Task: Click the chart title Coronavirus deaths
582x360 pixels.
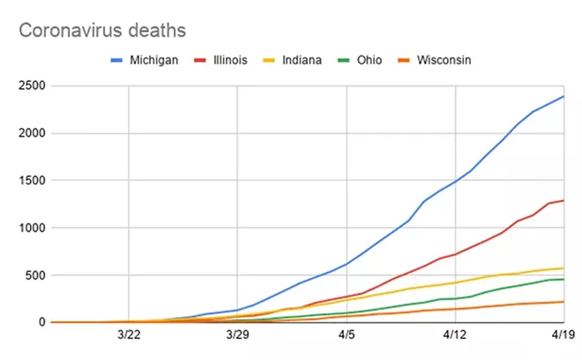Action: [x=102, y=30]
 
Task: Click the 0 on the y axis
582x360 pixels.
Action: [x=39, y=323]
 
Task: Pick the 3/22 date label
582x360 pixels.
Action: [x=129, y=335]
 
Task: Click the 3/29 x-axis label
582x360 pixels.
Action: [x=237, y=335]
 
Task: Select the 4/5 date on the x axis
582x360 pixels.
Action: [x=347, y=335]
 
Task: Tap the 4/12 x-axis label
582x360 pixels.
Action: [x=455, y=335]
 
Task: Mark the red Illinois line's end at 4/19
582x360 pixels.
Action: [x=563, y=200]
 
